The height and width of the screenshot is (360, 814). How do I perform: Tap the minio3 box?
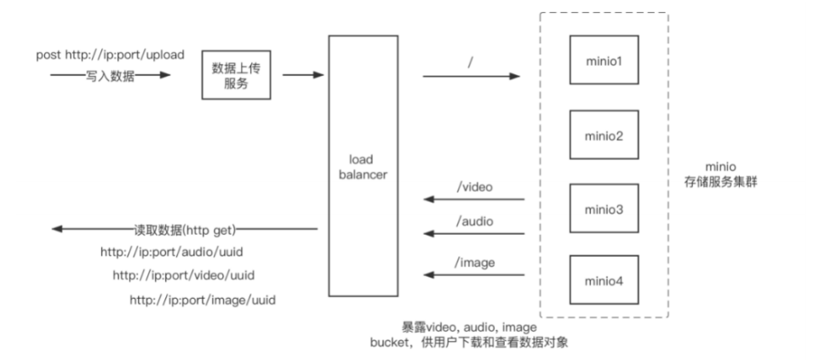coord(604,207)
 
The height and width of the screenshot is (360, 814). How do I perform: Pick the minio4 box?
coord(604,278)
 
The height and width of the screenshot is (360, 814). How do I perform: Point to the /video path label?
coord(473,186)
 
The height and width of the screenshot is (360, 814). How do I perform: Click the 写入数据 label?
coord(110,76)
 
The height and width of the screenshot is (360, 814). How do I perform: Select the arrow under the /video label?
coord(474,200)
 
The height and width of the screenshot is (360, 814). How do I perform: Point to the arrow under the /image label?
coord(474,274)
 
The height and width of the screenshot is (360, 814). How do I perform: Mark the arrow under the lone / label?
coord(470,76)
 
